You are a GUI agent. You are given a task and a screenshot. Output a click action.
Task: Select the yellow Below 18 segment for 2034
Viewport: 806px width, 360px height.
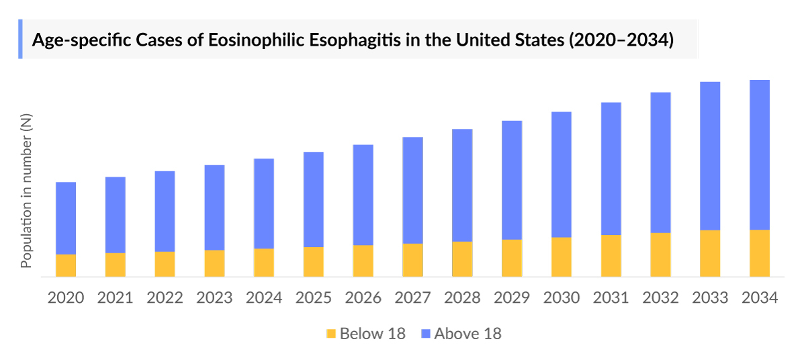(759, 253)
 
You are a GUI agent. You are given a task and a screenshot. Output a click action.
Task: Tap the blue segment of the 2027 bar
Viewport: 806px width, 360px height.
(412, 190)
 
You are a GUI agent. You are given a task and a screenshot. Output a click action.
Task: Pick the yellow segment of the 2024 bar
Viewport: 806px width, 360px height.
(264, 263)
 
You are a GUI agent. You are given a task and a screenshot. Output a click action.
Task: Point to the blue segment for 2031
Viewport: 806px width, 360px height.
(611, 169)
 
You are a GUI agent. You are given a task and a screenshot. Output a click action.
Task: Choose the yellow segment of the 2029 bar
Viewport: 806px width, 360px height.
(512, 258)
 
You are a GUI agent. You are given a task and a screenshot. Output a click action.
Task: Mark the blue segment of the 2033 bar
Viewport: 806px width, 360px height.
(710, 156)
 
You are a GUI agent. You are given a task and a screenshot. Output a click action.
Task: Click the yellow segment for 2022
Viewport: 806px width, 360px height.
(165, 264)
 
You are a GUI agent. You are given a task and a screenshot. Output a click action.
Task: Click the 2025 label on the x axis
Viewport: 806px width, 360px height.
(314, 298)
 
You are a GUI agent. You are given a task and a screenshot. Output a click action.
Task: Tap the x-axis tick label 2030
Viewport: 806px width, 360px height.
(562, 298)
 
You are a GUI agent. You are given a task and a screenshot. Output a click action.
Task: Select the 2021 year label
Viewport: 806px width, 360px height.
(116, 298)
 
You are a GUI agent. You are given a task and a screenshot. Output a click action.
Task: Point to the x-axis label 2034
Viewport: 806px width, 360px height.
(760, 298)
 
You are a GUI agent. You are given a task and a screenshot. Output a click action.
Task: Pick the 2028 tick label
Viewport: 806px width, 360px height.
(462, 298)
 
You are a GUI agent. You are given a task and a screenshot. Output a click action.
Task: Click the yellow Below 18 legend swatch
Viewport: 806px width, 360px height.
(330, 334)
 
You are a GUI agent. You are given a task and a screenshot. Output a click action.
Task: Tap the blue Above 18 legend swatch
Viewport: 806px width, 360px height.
(424, 334)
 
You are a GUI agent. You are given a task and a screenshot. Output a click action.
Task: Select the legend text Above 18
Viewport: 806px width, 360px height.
(467, 334)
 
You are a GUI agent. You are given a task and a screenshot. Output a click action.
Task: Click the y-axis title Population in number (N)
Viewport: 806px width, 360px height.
(26, 191)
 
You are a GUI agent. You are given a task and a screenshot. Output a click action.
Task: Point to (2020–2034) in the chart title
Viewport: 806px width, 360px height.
(621, 40)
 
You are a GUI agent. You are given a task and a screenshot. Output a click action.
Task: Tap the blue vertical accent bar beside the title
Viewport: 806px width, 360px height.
(20, 39)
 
